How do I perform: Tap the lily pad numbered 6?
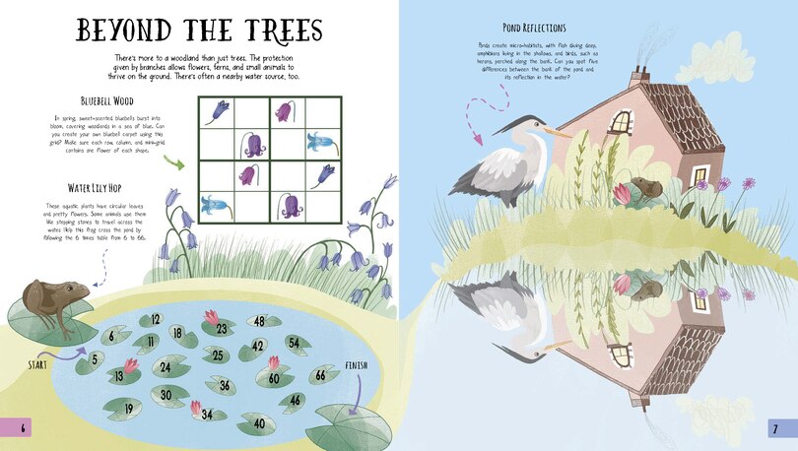tap(113, 336)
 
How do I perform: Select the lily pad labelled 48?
tap(260, 321)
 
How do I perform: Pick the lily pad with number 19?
tap(127, 407)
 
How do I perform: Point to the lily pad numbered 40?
tap(257, 423)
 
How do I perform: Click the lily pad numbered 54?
tap(293, 342)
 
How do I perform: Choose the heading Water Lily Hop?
tap(107, 187)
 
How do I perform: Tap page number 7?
tap(775, 427)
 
